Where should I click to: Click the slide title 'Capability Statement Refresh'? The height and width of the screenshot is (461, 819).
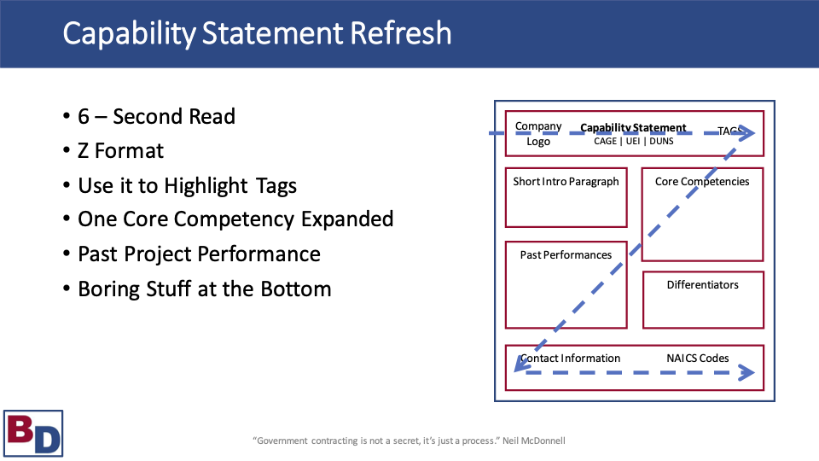click(x=257, y=33)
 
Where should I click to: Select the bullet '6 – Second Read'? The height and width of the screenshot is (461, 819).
click(x=156, y=116)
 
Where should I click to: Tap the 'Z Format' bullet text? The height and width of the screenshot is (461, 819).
click(x=120, y=151)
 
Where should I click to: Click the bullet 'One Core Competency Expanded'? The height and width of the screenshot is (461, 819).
click(x=235, y=219)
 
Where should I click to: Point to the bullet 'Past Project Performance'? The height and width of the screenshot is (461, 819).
click(x=199, y=254)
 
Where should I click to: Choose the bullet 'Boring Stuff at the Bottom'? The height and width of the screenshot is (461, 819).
click(x=204, y=289)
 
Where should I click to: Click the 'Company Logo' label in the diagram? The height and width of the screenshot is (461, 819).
click(x=538, y=134)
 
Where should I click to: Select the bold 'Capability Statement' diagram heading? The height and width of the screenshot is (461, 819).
click(x=633, y=128)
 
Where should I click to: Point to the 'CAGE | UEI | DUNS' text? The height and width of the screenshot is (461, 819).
click(x=633, y=141)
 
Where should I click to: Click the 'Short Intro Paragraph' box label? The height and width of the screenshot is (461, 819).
click(x=566, y=182)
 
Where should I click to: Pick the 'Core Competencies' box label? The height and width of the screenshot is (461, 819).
click(x=702, y=182)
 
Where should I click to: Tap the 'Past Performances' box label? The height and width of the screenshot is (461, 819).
click(x=566, y=255)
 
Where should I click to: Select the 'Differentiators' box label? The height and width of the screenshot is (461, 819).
click(x=702, y=285)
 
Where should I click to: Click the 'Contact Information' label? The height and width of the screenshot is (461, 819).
click(x=571, y=359)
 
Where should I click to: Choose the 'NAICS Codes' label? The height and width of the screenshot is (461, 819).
click(x=697, y=359)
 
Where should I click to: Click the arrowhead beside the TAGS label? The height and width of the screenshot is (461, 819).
click(x=748, y=133)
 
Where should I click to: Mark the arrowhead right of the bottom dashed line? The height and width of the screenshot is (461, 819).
click(x=747, y=373)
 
